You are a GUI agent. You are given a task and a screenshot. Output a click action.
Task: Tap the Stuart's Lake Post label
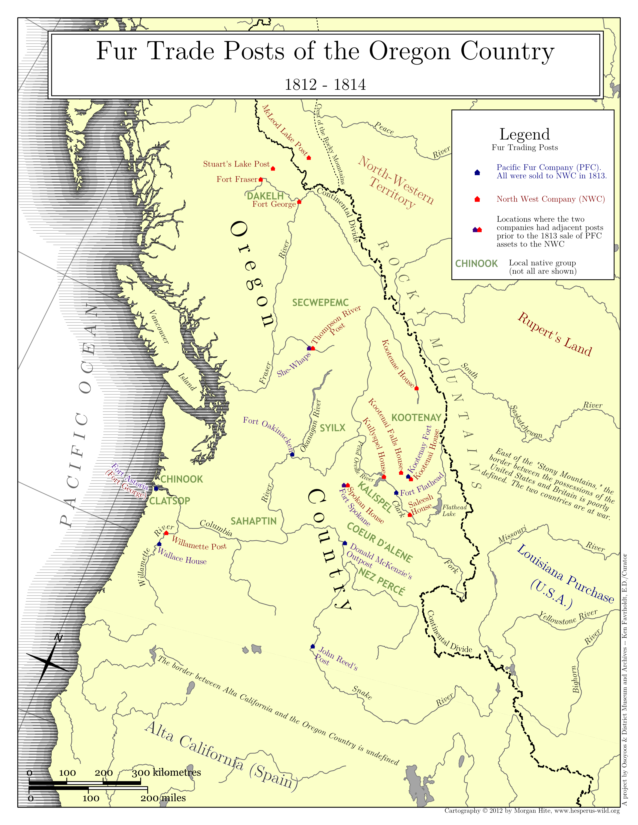tap(236, 164)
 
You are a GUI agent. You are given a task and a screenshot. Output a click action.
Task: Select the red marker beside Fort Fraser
tap(260, 179)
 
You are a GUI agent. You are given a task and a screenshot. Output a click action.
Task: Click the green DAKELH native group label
tap(265, 196)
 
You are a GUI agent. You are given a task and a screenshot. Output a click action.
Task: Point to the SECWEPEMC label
tap(320, 302)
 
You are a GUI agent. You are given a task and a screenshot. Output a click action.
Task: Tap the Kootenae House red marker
tap(417, 388)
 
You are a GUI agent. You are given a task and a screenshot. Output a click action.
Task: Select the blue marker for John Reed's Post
tap(312, 647)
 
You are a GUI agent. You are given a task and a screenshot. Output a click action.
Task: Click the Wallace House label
tap(182, 556)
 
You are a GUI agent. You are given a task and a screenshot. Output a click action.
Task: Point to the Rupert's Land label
tap(554, 334)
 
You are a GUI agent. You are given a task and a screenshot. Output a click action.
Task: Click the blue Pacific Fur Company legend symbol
tap(477, 172)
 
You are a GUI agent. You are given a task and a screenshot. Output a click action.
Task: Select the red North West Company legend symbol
tap(477, 199)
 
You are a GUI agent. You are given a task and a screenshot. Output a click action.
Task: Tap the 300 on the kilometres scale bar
tap(141, 773)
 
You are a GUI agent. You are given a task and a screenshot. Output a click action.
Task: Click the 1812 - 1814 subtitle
tap(325, 84)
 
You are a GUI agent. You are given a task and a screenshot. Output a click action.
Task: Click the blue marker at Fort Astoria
tap(156, 488)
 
